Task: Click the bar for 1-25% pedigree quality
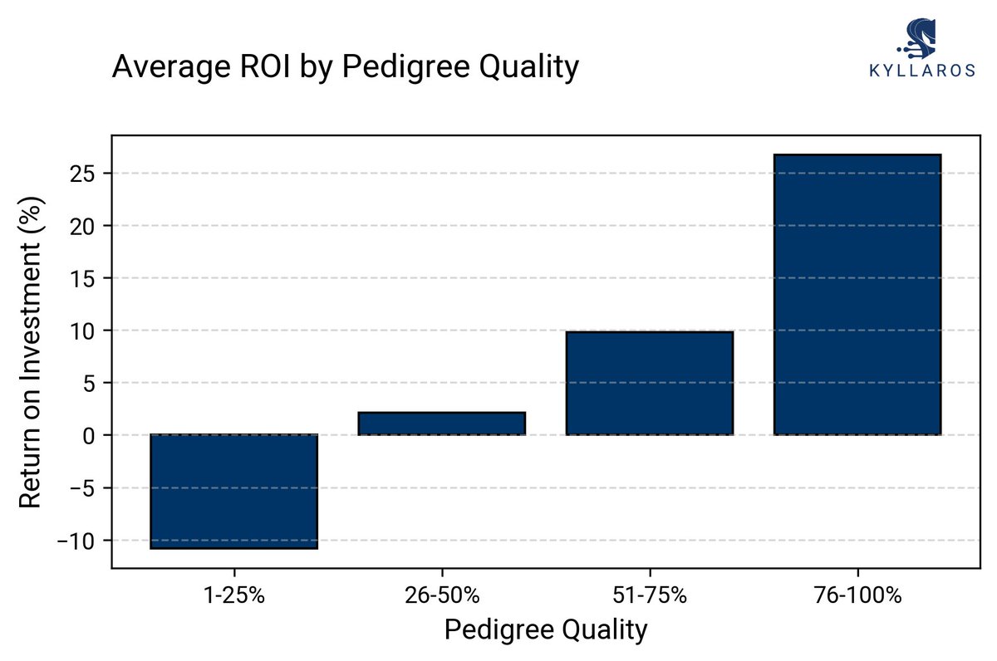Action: click(x=233, y=491)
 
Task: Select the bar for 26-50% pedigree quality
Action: click(x=441, y=424)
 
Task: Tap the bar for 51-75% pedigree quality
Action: click(x=649, y=383)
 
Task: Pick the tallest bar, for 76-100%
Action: click(x=857, y=294)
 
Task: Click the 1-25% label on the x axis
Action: click(x=233, y=595)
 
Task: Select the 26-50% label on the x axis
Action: click(x=441, y=595)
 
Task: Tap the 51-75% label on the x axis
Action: click(x=649, y=595)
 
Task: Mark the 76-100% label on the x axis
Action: click(x=857, y=595)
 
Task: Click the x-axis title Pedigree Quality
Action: click(x=545, y=630)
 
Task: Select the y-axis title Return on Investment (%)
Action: click(x=31, y=352)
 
